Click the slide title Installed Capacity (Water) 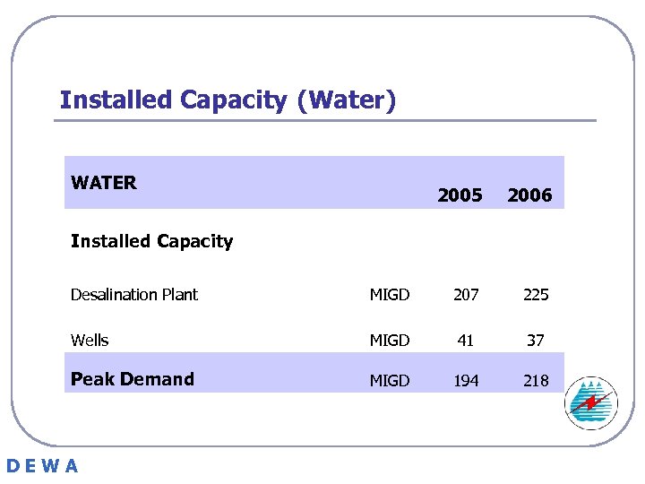(228, 99)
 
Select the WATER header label (104, 183)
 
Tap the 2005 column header (460, 195)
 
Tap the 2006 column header (529, 195)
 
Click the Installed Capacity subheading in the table (151, 241)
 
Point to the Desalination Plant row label (134, 295)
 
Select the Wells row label (90, 341)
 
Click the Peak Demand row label (133, 379)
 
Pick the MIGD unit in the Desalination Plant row (390, 295)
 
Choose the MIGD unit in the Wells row (390, 341)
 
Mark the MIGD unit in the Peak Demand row (390, 381)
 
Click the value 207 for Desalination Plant (466, 295)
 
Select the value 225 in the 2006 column (536, 295)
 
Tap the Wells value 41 (466, 341)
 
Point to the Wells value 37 (536, 341)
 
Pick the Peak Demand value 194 (466, 381)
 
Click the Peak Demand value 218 (536, 381)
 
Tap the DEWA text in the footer (42, 466)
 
